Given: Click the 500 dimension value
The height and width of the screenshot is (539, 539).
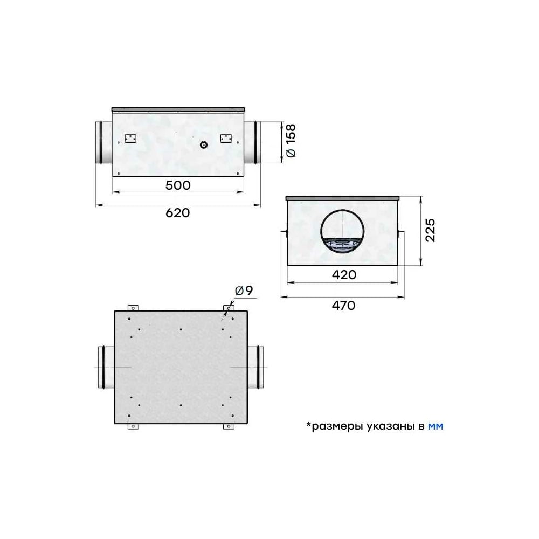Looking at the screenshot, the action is [x=178, y=185].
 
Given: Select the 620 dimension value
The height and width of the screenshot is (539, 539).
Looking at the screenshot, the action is [x=178, y=213].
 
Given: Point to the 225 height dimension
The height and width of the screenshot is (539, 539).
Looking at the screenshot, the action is [x=430, y=230].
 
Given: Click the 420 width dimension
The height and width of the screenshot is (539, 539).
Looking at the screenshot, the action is [x=344, y=275].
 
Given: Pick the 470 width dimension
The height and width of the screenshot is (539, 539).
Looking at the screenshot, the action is [x=343, y=305].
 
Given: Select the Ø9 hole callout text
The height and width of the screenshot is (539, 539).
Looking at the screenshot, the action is [x=244, y=291].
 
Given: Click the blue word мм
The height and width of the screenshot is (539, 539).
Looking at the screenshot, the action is [x=436, y=426].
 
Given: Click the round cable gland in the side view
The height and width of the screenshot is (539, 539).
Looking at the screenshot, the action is [x=204, y=144].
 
